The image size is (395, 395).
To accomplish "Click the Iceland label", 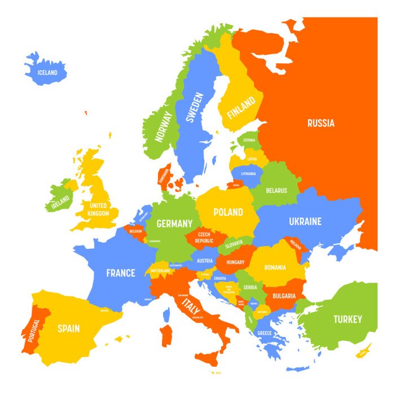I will click(47, 73).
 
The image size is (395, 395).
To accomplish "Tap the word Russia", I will click(321, 123).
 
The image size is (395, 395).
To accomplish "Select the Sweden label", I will click(194, 107).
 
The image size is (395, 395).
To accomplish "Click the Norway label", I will click(164, 126).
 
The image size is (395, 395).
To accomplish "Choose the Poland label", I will click(228, 213).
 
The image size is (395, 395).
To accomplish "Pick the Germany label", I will click(174, 223).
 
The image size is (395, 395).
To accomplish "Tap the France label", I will click(121, 273).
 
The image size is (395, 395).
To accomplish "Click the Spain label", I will click(68, 328).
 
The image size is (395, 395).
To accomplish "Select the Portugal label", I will click(33, 330).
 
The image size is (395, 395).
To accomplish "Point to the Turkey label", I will click(347, 319).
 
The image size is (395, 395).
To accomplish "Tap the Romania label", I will click(274, 267).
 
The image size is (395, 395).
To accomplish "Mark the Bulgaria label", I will click(284, 296).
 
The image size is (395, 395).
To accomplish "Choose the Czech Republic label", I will click(204, 237).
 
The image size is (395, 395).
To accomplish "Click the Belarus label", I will click(276, 191).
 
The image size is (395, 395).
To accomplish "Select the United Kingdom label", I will click(99, 209).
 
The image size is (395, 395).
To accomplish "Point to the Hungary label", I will click(234, 262).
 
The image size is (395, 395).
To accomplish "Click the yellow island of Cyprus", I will click(364, 351).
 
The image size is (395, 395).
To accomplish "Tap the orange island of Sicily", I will click(208, 357).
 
